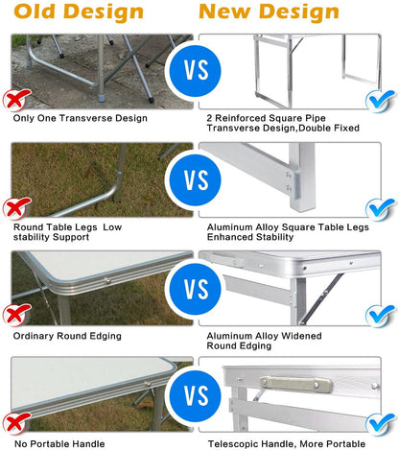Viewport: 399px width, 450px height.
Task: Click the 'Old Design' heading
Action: click(x=78, y=12)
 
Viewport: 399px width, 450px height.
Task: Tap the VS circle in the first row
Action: click(x=196, y=72)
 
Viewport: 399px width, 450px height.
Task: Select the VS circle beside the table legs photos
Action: click(x=196, y=179)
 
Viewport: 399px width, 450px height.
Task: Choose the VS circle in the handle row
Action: click(x=196, y=395)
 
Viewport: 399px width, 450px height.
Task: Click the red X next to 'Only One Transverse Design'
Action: click(x=14, y=100)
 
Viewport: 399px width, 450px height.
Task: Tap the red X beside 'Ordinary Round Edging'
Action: click(x=14, y=316)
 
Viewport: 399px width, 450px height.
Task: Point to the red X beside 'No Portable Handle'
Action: click(x=14, y=423)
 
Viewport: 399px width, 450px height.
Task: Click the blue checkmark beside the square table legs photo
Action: click(x=381, y=206)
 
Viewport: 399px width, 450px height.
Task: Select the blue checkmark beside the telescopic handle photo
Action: click(x=381, y=423)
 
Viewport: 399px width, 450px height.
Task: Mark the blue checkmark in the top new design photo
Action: click(x=381, y=99)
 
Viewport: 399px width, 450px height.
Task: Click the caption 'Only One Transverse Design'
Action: click(x=81, y=118)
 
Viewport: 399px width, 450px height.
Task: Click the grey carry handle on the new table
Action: click(x=296, y=384)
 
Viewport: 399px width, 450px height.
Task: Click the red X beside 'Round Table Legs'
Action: click(x=14, y=207)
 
